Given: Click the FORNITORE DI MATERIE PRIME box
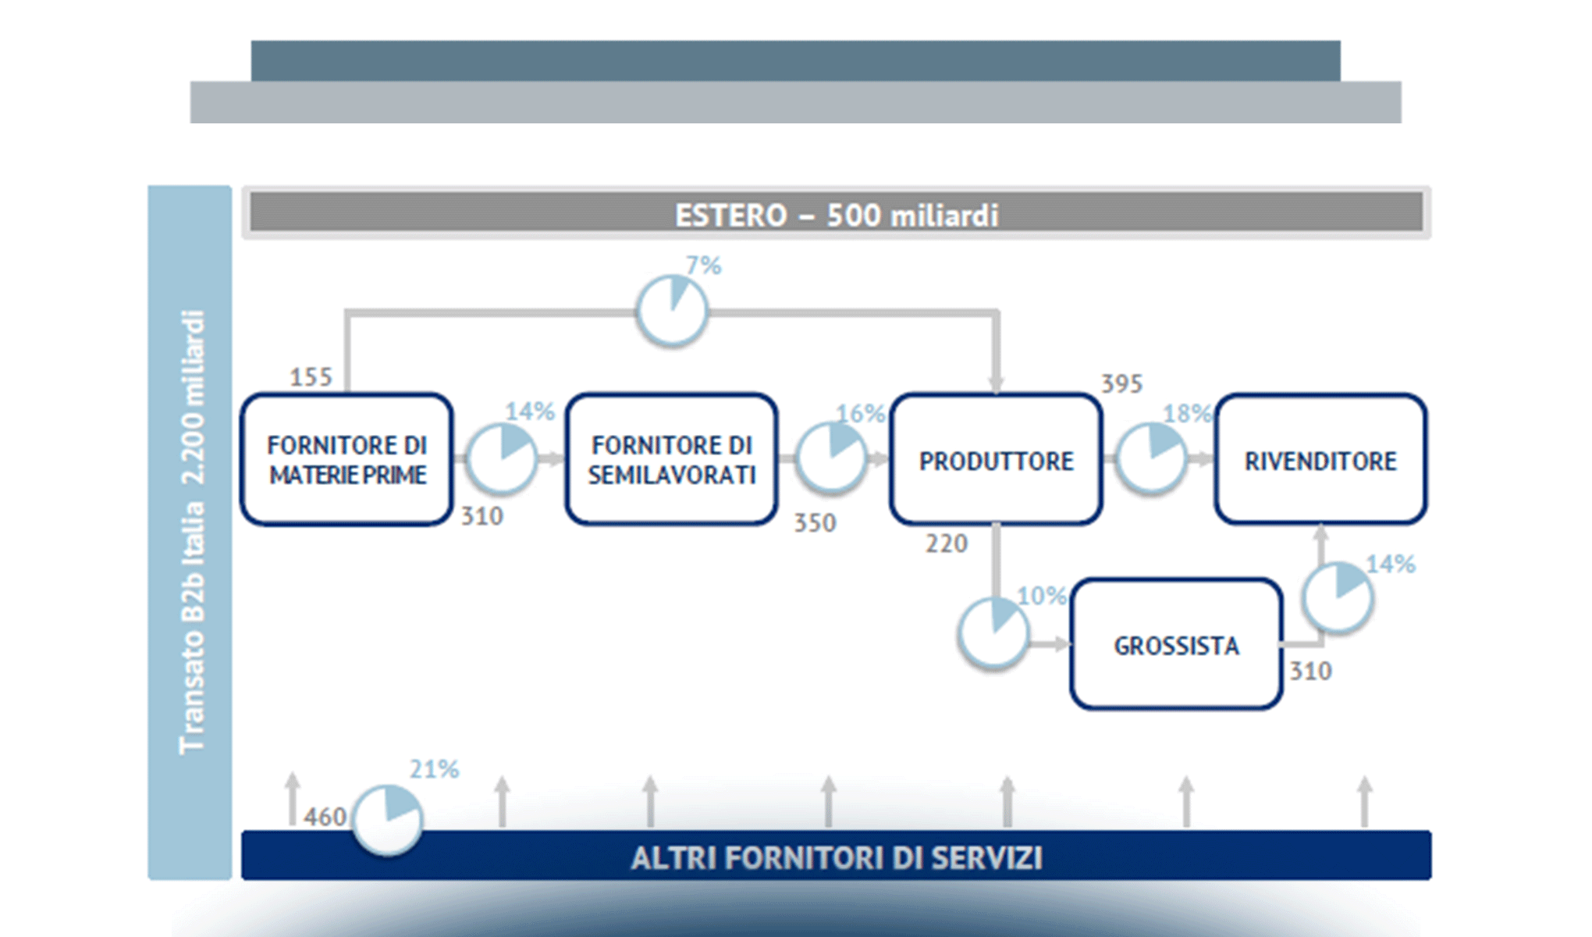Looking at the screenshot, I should pyautogui.click(x=346, y=459).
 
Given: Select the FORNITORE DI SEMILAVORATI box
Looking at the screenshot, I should pyautogui.click(x=671, y=459).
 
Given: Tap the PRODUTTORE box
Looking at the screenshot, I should pyautogui.click(x=996, y=459).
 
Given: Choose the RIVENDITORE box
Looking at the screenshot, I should pyautogui.click(x=1320, y=459).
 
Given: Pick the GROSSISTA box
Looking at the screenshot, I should pyautogui.click(x=1176, y=645).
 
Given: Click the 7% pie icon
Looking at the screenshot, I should pyautogui.click(x=672, y=311).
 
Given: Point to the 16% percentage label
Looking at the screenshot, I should pyautogui.click(x=860, y=413).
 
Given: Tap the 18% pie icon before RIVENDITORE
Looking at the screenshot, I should pyautogui.click(x=1151, y=458).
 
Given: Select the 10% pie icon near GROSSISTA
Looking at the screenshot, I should pyautogui.click(x=993, y=632).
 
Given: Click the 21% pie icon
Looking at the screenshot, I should pyautogui.click(x=387, y=820).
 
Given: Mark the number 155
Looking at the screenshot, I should pyautogui.click(x=311, y=377).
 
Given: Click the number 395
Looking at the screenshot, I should pyautogui.click(x=1121, y=383).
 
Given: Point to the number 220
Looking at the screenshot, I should pyautogui.click(x=946, y=543).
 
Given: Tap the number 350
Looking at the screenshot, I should pyautogui.click(x=815, y=522).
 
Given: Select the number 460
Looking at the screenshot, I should pyautogui.click(x=325, y=817).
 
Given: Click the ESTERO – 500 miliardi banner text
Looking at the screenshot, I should pyautogui.click(x=836, y=215).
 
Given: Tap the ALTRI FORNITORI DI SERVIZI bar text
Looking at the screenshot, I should pyautogui.click(x=836, y=857).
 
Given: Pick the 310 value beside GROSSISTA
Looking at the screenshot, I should pyautogui.click(x=1310, y=671).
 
